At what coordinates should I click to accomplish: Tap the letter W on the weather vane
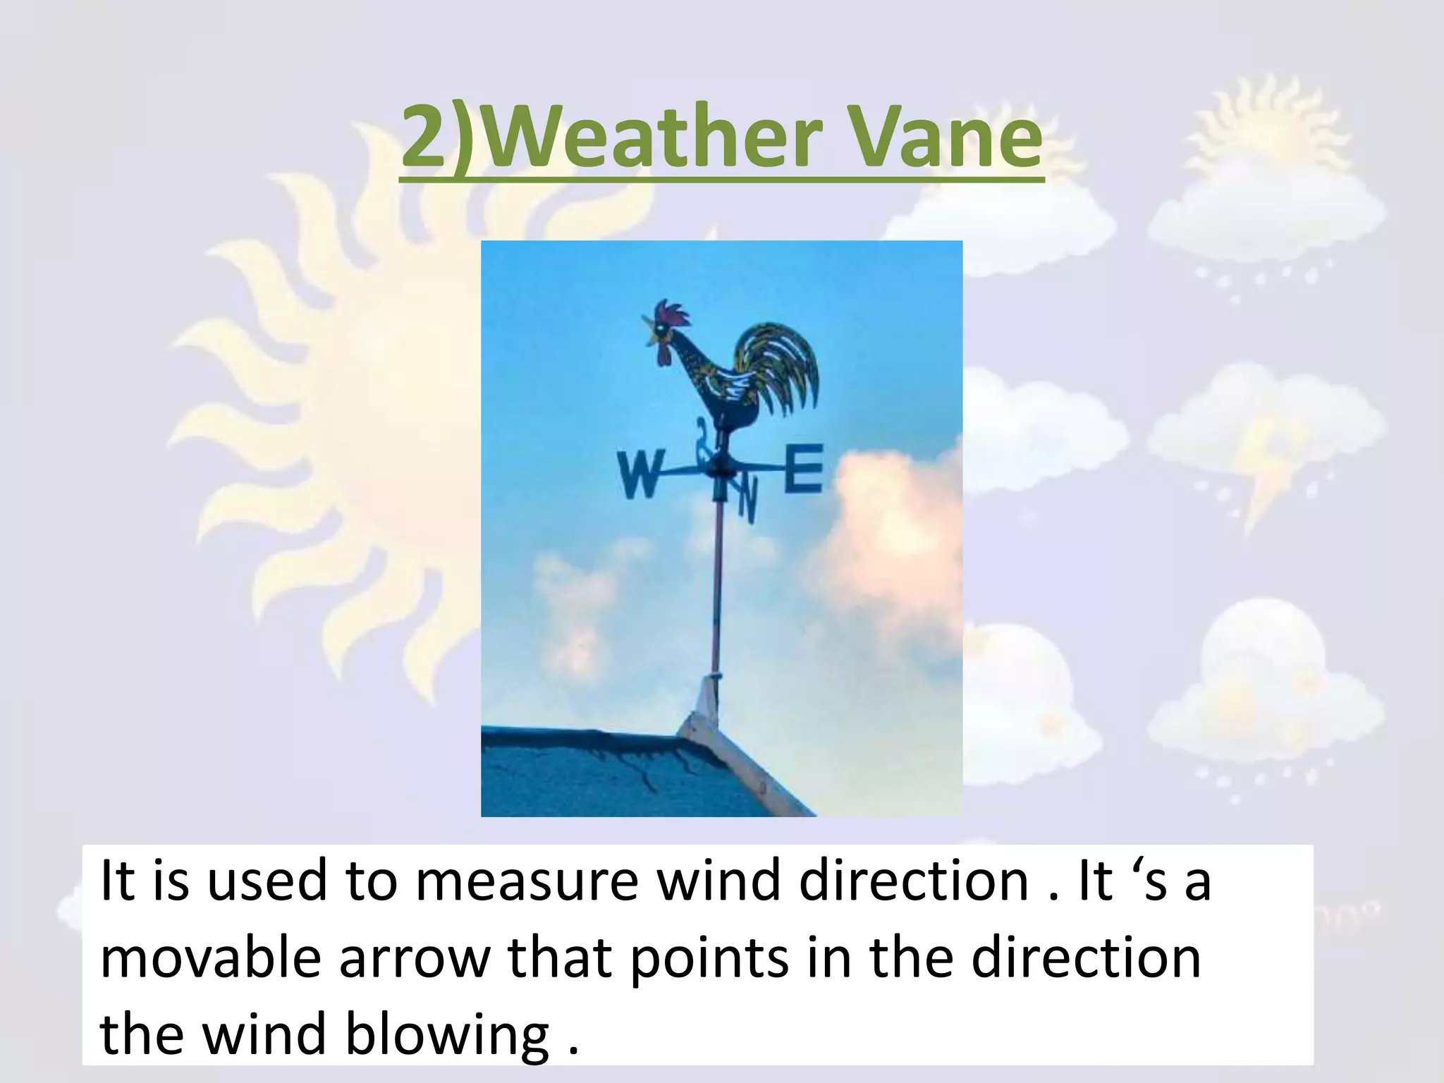click(x=640, y=475)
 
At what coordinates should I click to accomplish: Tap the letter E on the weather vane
click(x=804, y=467)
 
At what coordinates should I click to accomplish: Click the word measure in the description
click(x=526, y=881)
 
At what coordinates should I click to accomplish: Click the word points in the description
click(x=709, y=959)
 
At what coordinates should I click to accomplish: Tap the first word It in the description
click(x=117, y=881)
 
